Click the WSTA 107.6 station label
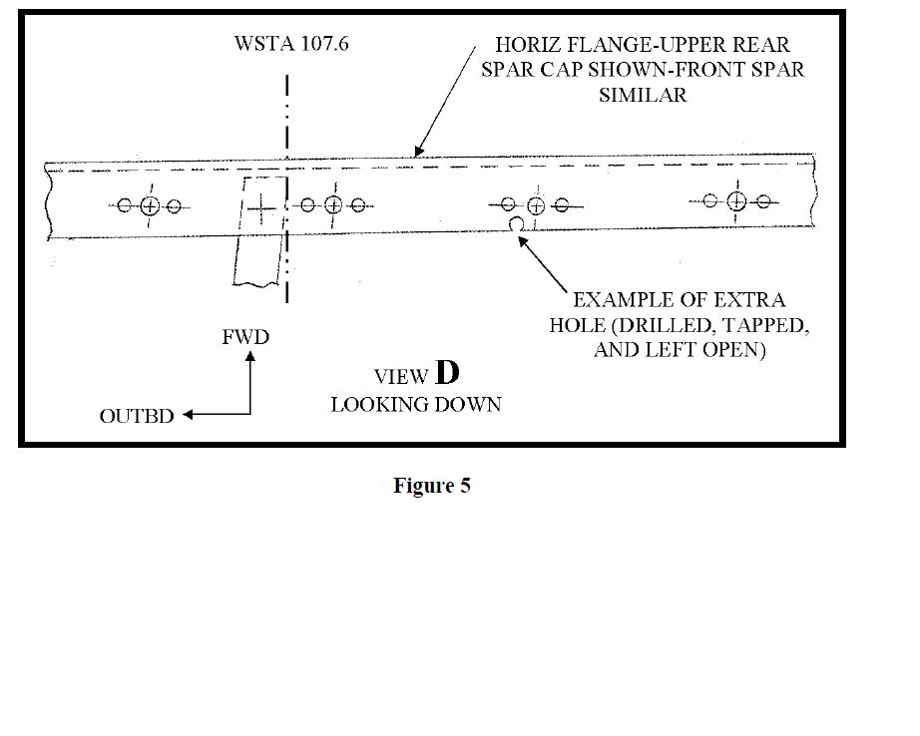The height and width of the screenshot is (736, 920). point(291,44)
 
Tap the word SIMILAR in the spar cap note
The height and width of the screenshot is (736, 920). point(643,95)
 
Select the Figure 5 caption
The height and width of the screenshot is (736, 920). point(432,486)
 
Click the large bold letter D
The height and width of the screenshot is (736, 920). point(447,372)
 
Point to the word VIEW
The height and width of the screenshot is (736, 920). point(401,377)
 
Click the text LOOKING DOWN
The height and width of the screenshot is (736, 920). point(416,405)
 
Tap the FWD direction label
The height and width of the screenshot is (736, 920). point(245,337)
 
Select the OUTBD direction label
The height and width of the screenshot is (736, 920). point(137,417)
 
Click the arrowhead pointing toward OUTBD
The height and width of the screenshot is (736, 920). point(188,415)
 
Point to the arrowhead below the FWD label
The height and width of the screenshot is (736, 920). point(249,356)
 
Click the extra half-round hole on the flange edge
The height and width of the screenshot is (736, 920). point(516,224)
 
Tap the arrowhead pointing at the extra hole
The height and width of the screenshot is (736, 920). point(522,240)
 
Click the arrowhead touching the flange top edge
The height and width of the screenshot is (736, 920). point(418,152)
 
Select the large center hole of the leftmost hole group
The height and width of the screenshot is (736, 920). point(150,205)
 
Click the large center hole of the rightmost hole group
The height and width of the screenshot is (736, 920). point(736,201)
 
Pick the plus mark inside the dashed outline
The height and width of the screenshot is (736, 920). point(261,208)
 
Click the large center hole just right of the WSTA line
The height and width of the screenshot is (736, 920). point(333,205)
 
